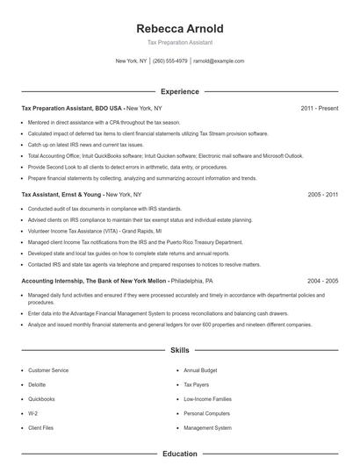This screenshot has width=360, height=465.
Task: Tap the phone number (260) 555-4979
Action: pos(170,61)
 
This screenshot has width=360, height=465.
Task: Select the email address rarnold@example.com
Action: pos(219,61)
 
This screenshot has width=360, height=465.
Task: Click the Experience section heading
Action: pos(179,91)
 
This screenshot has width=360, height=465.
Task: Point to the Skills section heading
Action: pos(179,350)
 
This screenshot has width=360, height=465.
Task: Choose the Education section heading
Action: pos(179,454)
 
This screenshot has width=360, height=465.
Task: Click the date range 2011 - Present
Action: pos(319,108)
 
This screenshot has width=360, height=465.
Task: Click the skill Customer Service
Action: pos(48,370)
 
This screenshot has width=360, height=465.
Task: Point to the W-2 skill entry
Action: pos(33,413)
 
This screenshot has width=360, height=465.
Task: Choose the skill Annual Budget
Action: pos(201,370)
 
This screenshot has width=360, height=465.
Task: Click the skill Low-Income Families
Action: pos(207,399)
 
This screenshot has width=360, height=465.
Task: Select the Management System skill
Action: pos(207,428)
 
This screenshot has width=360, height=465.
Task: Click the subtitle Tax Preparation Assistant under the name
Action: pos(179,42)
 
